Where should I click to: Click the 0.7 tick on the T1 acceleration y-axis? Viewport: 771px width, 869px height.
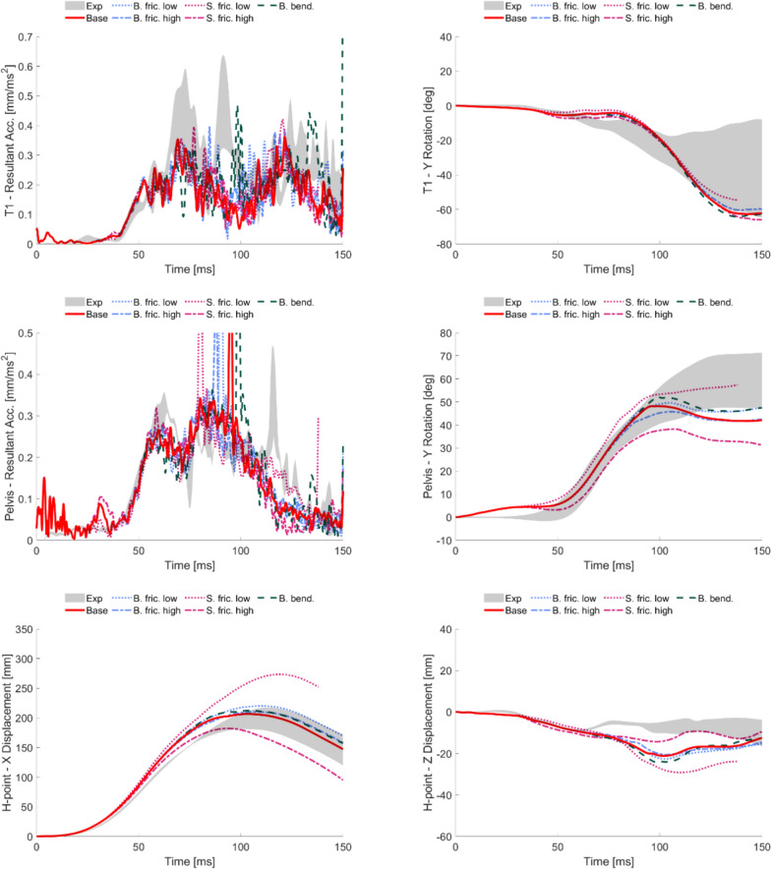23,37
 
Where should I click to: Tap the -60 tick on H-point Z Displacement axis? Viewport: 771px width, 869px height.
438,836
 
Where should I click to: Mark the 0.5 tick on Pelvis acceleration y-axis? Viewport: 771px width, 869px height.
23,334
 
